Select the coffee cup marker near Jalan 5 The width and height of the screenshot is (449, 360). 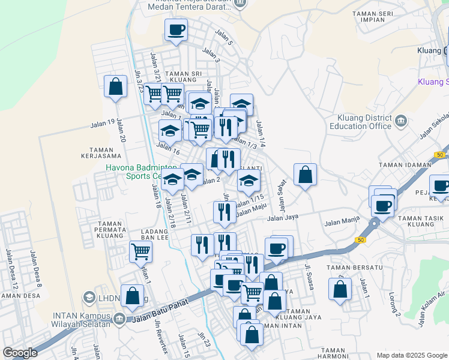point(176,30)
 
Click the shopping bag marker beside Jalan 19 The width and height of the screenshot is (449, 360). point(115,87)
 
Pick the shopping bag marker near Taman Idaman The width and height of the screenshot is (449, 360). point(306,175)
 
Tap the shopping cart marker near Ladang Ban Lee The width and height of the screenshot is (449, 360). point(140,252)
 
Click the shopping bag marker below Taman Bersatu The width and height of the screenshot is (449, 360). point(340,289)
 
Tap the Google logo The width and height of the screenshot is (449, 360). point(20,353)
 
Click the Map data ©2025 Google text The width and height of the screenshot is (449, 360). point(411,355)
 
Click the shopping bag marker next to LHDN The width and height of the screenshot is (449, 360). point(132,295)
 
